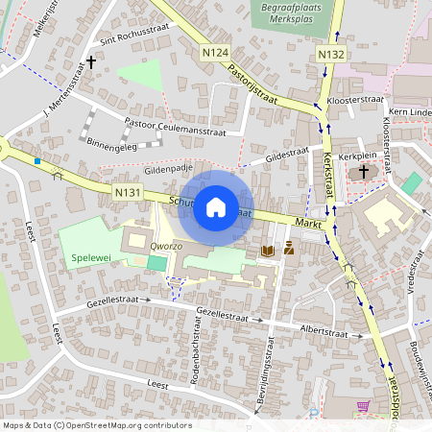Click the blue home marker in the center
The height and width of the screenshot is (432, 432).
[x=216, y=207]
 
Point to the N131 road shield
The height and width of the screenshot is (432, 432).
[x=127, y=193]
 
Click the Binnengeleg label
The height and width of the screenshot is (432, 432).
[x=111, y=145]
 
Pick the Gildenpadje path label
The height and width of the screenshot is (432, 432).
[x=164, y=167]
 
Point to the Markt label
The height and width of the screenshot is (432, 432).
[x=308, y=222]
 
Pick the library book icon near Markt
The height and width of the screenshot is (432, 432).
[x=268, y=250]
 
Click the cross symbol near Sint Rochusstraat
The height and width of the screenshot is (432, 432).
[x=91, y=62]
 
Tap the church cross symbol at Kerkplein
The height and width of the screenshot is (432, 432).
[x=363, y=172]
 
